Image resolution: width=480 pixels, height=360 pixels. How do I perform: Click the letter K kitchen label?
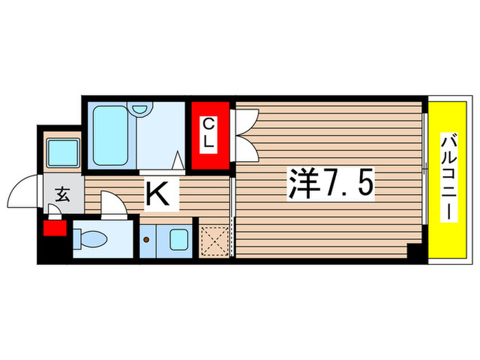[159, 195]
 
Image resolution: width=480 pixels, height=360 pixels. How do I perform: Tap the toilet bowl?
[91, 238]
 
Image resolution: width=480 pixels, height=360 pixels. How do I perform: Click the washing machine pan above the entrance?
[63, 152]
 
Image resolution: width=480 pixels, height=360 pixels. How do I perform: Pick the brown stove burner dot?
[147, 241]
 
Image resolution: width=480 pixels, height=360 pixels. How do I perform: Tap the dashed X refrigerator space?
[215, 239]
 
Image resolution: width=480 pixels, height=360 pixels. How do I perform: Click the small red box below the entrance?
[53, 228]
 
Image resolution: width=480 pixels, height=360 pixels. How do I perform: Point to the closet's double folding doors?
[243, 134]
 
